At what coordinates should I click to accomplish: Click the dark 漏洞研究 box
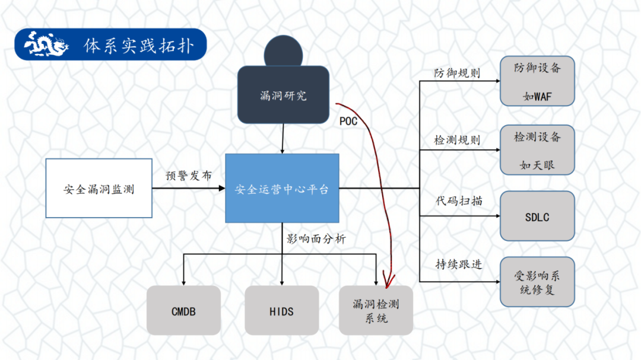(283, 95)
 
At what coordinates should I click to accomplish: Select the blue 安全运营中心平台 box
(282, 189)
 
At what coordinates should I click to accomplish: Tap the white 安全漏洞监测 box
(99, 189)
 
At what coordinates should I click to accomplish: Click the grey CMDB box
(183, 311)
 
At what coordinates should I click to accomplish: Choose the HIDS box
(281, 311)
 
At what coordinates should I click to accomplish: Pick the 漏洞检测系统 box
(376, 311)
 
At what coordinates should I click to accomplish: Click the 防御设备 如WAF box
(537, 81)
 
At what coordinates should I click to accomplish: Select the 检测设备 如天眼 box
(537, 150)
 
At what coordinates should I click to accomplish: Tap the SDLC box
(537, 216)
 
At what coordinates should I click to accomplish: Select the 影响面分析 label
(316, 239)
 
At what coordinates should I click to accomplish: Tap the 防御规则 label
(457, 74)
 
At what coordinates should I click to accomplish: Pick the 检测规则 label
(457, 141)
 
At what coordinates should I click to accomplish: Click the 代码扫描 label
(458, 201)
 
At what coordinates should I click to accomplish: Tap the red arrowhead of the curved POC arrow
(389, 279)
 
